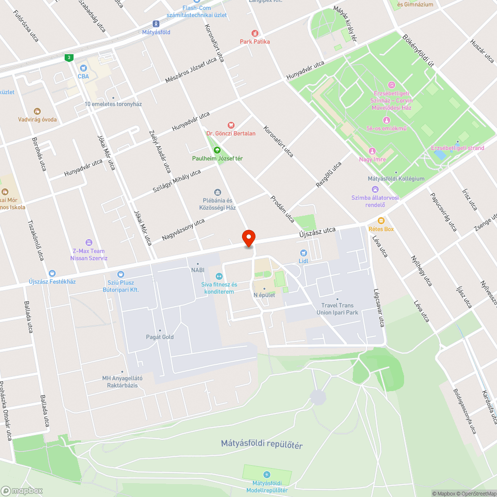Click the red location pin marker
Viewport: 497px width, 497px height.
248,238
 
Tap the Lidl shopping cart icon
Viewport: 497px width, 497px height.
304,253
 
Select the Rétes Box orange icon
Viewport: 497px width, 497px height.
381,221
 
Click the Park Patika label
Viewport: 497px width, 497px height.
254,41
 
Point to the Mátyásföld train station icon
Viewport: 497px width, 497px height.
156,24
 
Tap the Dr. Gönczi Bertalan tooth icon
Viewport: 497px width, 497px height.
231,125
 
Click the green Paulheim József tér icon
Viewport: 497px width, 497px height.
217,150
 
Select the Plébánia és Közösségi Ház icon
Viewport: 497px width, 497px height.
217,192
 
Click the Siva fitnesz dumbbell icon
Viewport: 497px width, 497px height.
218,276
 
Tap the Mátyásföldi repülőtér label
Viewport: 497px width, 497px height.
262,444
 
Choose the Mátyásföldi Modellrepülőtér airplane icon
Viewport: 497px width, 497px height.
267,475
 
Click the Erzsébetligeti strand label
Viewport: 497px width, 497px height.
457,148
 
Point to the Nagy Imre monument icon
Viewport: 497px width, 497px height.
372,151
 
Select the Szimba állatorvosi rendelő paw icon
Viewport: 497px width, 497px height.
375,189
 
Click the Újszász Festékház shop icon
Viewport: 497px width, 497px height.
52,273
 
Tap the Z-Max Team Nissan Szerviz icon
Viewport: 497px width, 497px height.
89,243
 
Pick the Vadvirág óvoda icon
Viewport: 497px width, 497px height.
37,111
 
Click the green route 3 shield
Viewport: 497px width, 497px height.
69,58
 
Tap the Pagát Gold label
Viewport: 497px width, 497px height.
160,337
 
